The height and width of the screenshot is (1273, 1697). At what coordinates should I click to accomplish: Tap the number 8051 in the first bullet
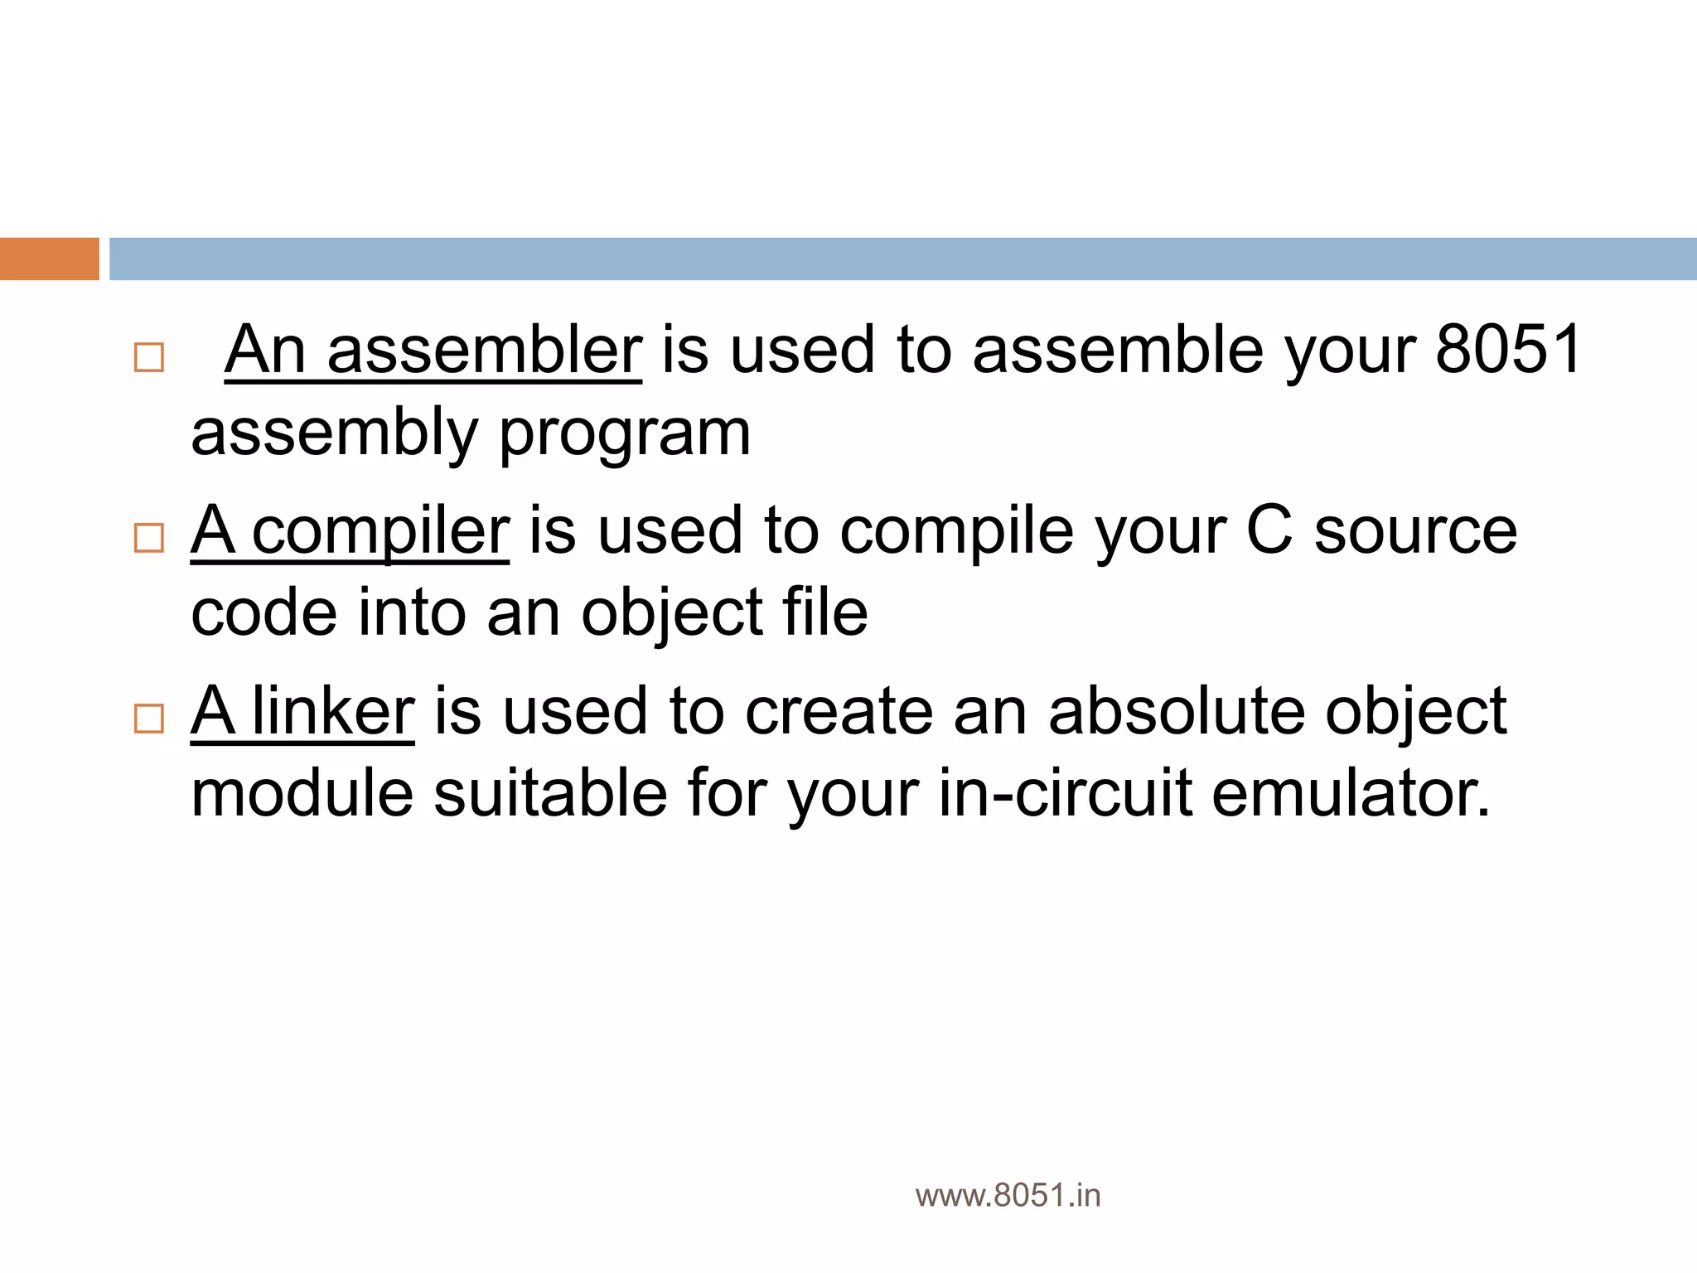(1509, 350)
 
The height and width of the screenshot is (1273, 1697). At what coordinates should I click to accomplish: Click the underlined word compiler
(380, 531)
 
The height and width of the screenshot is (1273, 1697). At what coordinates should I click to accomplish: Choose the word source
(1415, 531)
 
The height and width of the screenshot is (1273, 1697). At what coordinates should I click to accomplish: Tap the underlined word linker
(332, 712)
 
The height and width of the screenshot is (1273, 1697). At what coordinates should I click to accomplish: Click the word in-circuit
(1066, 794)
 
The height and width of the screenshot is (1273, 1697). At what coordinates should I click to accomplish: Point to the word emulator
(1351, 794)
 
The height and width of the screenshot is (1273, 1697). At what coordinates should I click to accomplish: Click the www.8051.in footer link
(1008, 1196)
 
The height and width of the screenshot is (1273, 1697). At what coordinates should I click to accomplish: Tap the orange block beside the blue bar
(49, 259)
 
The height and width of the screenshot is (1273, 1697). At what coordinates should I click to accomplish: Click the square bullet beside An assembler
(149, 357)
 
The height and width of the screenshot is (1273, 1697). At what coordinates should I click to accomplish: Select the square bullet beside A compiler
(149, 538)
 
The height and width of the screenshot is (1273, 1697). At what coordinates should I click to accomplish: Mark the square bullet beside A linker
(149, 719)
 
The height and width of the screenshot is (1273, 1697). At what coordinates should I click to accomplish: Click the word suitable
(550, 794)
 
